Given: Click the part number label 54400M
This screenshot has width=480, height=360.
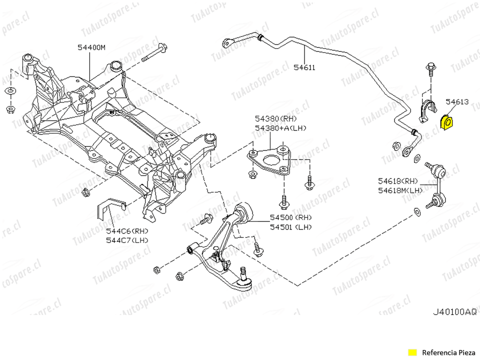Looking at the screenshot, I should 91,47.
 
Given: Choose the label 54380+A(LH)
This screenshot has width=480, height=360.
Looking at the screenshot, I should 280,128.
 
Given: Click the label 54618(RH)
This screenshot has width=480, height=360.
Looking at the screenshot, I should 397,181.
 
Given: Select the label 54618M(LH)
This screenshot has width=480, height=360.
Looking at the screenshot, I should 400,190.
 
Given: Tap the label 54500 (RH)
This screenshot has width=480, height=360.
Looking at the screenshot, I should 290,217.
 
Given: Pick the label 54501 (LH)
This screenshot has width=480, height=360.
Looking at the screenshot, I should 290,226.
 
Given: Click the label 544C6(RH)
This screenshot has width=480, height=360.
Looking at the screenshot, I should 127,231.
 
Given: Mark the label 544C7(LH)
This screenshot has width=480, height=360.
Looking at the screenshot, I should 127,240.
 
